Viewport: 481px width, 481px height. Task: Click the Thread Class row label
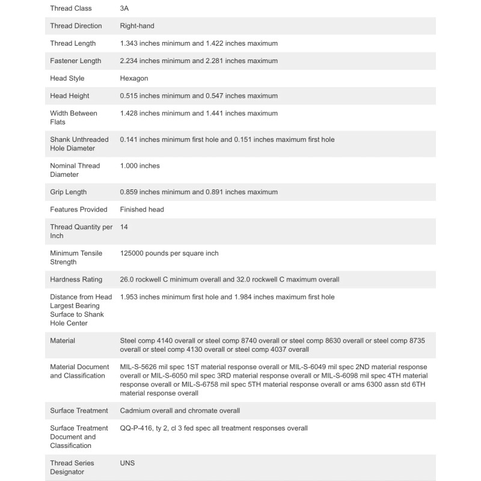(x=72, y=8)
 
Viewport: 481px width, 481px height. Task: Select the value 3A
(x=124, y=8)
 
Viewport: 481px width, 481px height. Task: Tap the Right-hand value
(x=138, y=26)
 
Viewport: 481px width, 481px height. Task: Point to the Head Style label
(x=67, y=78)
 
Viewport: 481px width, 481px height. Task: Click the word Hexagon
(x=134, y=78)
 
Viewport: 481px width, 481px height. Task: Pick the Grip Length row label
(x=69, y=192)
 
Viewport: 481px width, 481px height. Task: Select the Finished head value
(x=142, y=209)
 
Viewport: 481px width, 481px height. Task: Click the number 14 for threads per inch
(x=124, y=227)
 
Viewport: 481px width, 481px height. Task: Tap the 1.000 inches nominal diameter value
(x=140, y=165)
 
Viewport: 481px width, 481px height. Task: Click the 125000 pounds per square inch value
(x=169, y=253)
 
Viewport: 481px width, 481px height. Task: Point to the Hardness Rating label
(x=76, y=279)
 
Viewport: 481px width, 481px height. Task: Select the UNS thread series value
(x=127, y=463)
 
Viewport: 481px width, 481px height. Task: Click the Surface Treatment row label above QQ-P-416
(x=79, y=411)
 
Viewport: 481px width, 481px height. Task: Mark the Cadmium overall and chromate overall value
(x=180, y=411)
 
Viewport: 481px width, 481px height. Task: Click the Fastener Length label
(x=76, y=61)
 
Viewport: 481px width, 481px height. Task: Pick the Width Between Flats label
(x=73, y=117)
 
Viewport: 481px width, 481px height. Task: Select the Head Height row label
(x=70, y=96)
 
